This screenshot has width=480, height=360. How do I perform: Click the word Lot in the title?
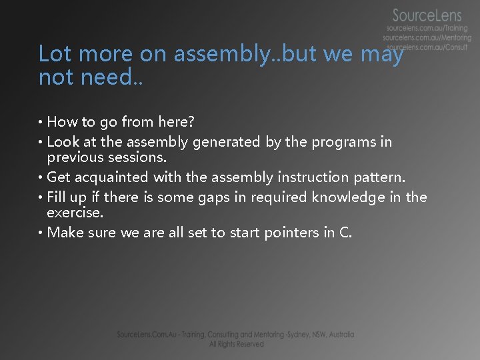click(x=52, y=54)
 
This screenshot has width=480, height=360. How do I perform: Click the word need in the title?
click(x=103, y=77)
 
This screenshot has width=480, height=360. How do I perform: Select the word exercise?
click(x=75, y=213)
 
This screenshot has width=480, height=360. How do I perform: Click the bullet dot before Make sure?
click(x=41, y=233)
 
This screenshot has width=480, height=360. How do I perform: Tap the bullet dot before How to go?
click(x=41, y=122)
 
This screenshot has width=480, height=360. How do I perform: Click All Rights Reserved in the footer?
click(x=236, y=345)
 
